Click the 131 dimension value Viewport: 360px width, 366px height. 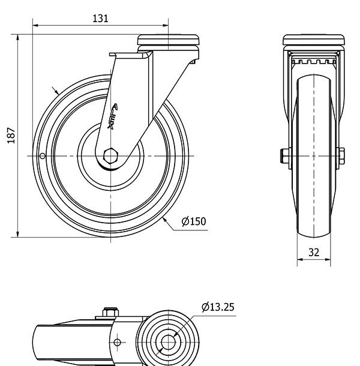[x=100, y=19]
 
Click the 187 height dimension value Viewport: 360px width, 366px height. [x=11, y=136]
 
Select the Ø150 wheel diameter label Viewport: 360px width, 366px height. [x=194, y=221]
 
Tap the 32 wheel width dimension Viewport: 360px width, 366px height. [x=314, y=253]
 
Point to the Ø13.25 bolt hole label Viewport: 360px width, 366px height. [x=218, y=307]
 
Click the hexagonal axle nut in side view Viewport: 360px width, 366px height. [x=110, y=156]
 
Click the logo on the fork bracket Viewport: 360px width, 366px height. [x=112, y=116]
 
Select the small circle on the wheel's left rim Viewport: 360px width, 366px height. [x=43, y=155]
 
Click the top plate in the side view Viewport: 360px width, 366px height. [x=169, y=40]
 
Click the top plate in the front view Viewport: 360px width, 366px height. [x=314, y=40]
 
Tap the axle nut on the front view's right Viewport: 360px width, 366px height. [x=341, y=156]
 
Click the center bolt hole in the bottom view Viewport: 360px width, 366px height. [x=168, y=343]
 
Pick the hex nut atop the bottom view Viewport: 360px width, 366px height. [x=110, y=312]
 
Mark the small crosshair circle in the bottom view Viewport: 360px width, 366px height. [x=117, y=343]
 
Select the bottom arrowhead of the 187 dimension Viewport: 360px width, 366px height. [x=18, y=235]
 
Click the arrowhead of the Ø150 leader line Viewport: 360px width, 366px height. [x=164, y=219]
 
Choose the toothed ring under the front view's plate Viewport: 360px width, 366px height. [x=314, y=62]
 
